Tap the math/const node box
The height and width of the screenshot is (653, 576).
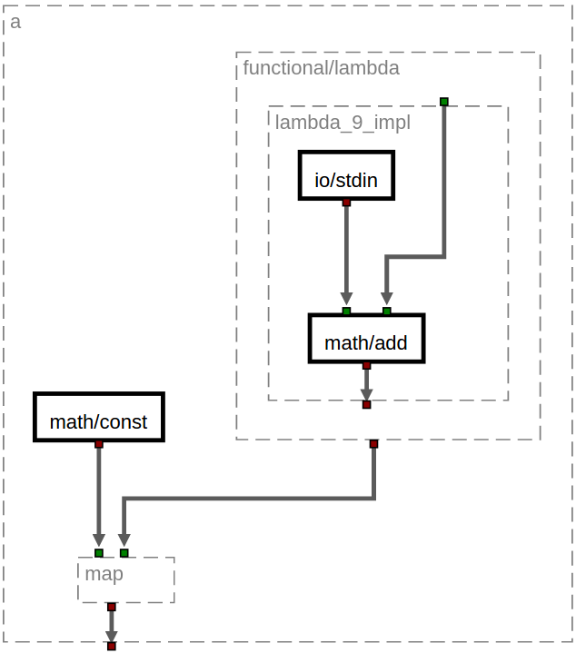pyautogui.click(x=98, y=417)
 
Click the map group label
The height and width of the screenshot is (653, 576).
pyautogui.click(x=104, y=573)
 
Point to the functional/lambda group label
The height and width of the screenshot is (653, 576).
pyautogui.click(x=321, y=68)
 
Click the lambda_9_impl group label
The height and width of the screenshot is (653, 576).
pyautogui.click(x=343, y=123)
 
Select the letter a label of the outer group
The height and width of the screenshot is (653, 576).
pyautogui.click(x=15, y=22)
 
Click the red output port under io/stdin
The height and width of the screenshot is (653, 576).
pyautogui.click(x=346, y=203)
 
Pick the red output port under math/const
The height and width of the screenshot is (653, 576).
pyautogui.click(x=98, y=444)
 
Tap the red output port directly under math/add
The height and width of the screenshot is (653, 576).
pyautogui.click(x=366, y=366)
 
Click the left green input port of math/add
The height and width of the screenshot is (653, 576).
pyautogui.click(x=346, y=312)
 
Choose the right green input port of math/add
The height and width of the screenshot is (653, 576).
pyautogui.click(x=387, y=312)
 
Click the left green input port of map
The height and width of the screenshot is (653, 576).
pyautogui.click(x=99, y=553)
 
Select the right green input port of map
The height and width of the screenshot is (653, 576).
pyautogui.click(x=124, y=553)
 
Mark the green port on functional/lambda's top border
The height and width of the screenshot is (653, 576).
pyautogui.click(x=443, y=102)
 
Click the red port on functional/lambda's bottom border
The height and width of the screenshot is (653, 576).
pyautogui.click(x=373, y=444)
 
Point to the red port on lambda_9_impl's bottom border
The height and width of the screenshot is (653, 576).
pyautogui.click(x=366, y=404)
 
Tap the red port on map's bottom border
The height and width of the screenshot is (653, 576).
pyautogui.click(x=111, y=607)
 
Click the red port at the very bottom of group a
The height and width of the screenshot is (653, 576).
pyautogui.click(x=111, y=647)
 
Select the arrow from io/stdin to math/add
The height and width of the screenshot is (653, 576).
pyautogui.click(x=346, y=254)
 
